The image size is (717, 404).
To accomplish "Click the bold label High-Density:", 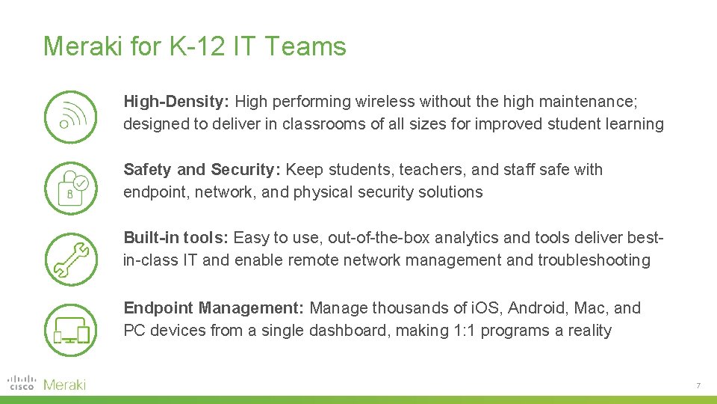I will click(178, 101).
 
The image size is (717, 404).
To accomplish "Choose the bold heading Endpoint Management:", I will click(214, 307).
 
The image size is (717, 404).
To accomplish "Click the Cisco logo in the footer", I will click(22, 383).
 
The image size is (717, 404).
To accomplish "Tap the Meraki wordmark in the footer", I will click(65, 385).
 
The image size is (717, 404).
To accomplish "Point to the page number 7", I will click(698, 385).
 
